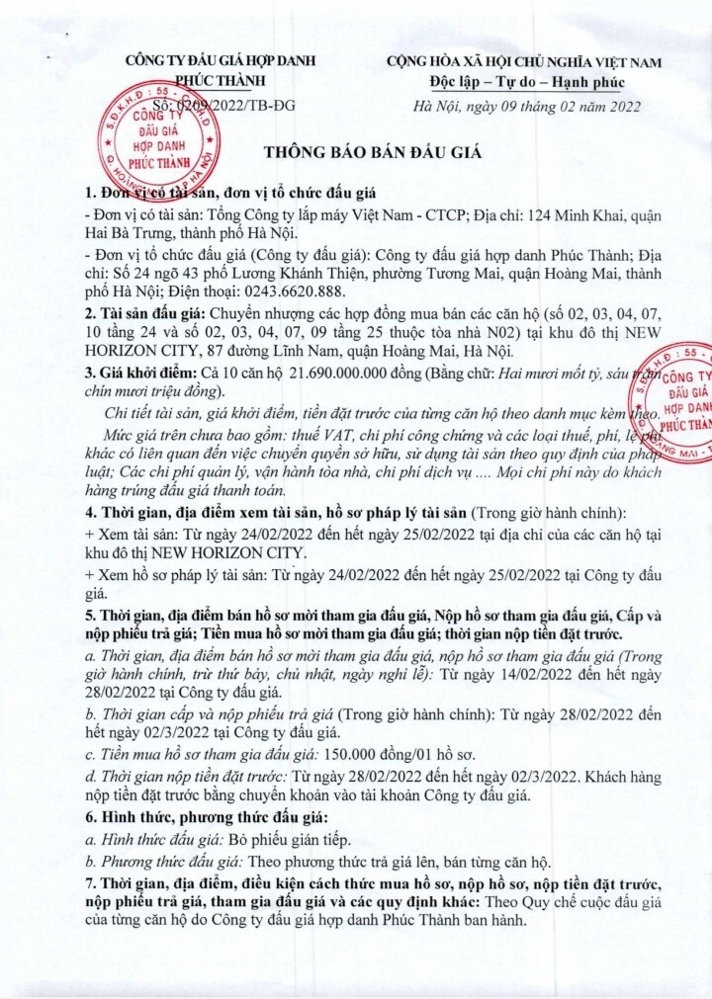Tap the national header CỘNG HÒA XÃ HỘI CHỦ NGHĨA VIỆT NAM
click(524, 61)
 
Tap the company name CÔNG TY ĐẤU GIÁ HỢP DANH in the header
click(219, 61)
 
